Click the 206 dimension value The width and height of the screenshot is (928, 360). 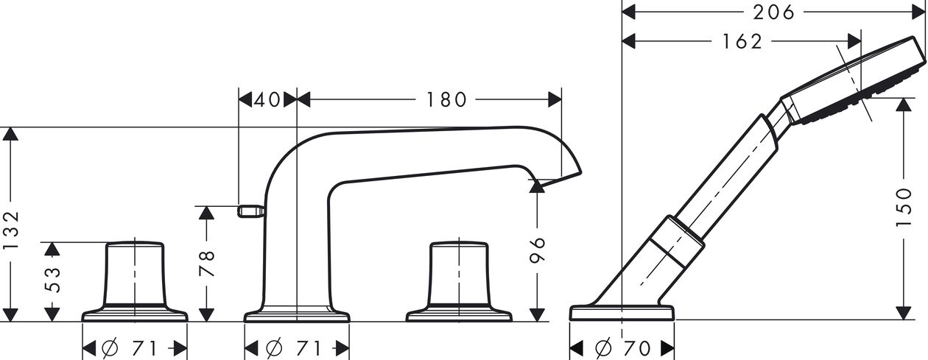tap(773, 13)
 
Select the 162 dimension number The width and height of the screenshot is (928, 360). tap(742, 41)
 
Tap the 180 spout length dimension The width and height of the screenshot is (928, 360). tap(446, 100)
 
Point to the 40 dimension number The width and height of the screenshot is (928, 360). tap(267, 100)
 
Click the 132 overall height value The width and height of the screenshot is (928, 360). tap(11, 230)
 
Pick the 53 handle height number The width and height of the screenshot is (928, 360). tap(52, 280)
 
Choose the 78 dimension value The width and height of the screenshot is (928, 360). tap(207, 264)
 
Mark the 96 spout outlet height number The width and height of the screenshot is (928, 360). tap(538, 250)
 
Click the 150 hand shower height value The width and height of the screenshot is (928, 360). tap(904, 207)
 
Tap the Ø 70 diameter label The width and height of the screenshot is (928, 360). tap(622, 348)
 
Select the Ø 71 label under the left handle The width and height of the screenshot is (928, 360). tap(130, 348)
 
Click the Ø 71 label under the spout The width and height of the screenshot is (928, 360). tap(293, 348)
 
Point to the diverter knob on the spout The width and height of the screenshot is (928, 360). tap(251, 211)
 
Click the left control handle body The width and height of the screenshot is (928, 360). tap(135, 274)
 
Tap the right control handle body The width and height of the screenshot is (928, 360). tap(459, 274)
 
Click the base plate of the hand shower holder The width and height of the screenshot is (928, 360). tap(622, 313)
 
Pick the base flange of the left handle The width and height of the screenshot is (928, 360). tap(135, 314)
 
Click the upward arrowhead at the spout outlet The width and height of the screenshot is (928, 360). tap(538, 186)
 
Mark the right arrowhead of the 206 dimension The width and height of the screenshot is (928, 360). tap(918, 13)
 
